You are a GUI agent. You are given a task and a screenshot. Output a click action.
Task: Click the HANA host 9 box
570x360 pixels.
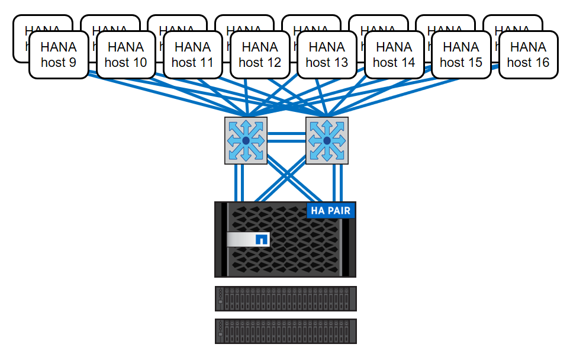coord(59,54)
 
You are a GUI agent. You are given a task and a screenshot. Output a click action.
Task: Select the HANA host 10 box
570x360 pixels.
coord(125,54)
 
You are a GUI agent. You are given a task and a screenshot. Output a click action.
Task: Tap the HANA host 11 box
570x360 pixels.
coord(192,54)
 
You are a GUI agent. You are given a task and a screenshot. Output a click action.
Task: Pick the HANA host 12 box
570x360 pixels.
coord(260,54)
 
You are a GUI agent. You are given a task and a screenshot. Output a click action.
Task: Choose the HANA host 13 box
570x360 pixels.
coord(327,54)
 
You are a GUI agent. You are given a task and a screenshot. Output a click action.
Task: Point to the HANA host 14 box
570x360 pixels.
coord(394,54)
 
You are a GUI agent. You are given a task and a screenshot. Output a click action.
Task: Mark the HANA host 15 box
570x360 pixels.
coord(461,54)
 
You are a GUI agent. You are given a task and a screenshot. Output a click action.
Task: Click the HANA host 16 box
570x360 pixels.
coord(528,54)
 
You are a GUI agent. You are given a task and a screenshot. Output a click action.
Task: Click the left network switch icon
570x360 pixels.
coord(246,140)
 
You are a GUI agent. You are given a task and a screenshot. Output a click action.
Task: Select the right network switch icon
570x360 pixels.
coord(327,140)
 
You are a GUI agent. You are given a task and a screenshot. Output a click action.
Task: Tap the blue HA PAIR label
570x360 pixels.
coord(330,211)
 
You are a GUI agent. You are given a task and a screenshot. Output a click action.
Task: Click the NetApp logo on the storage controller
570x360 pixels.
coord(261,239)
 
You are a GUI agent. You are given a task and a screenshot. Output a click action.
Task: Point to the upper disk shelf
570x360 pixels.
coord(285,298)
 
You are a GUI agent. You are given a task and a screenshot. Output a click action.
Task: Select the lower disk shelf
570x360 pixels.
coord(285,331)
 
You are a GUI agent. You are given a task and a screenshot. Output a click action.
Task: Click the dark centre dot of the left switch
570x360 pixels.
coord(246,140)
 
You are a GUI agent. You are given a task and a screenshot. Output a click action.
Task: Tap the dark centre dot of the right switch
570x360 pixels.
coord(327,140)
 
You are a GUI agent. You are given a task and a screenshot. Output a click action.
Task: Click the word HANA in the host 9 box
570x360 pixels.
coord(59,47)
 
